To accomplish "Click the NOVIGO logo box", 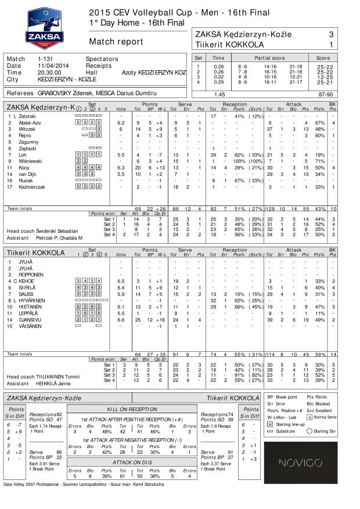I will pyautogui.click(x=308, y=463).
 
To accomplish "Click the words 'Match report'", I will pyautogui.click(x=116, y=42).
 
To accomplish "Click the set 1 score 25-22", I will pyautogui.click(x=325, y=67).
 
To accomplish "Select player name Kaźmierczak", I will pyautogui.click(x=33, y=186).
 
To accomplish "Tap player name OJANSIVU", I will pyautogui.click(x=31, y=319).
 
